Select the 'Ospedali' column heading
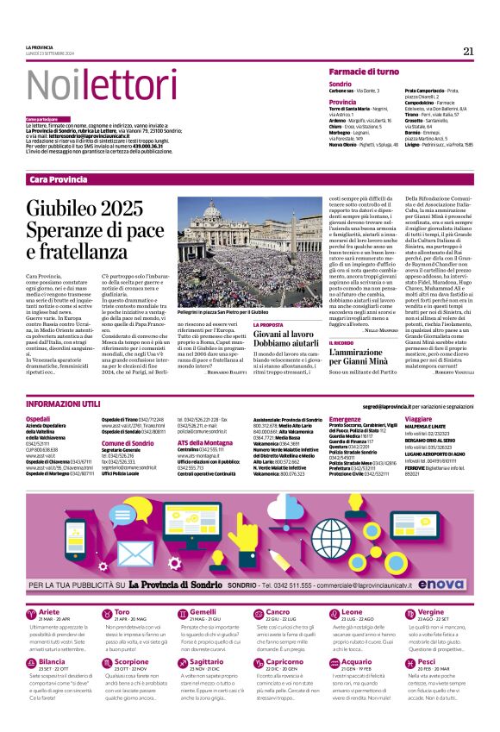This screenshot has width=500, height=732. [x=39, y=418]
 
